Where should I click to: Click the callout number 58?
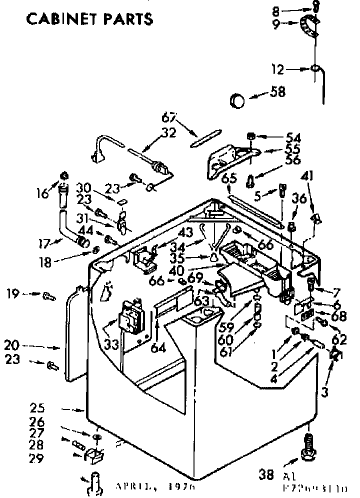(x=277, y=92)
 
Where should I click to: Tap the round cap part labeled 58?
(x=237, y=100)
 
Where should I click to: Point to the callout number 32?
(x=169, y=132)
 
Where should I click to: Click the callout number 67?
(x=169, y=118)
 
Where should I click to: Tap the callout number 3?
(x=325, y=392)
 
